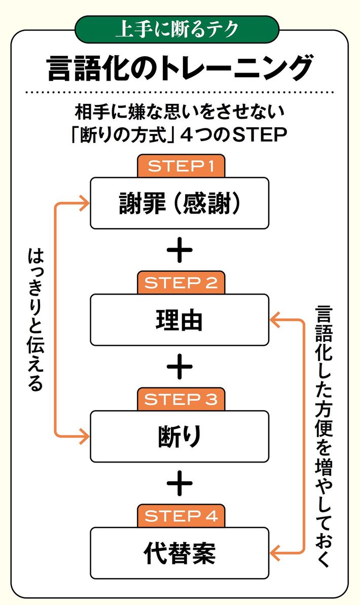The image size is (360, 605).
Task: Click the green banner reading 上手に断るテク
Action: (x=177, y=29)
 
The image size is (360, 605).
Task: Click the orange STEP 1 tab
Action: (x=180, y=166)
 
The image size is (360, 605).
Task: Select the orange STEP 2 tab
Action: (x=180, y=283)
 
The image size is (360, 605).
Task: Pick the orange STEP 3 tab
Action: (x=180, y=400)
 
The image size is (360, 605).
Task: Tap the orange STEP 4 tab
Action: (x=180, y=516)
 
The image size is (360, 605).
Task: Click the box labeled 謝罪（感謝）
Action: (x=179, y=203)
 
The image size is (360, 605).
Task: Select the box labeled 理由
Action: (x=179, y=319)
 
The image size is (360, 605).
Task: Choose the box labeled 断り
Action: (x=179, y=436)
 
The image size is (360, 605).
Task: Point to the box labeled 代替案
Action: (x=179, y=553)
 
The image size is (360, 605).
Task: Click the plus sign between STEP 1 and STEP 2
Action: (x=179, y=251)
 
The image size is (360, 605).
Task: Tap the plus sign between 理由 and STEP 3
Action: (x=179, y=368)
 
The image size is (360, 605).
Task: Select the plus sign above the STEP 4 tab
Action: (x=179, y=484)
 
